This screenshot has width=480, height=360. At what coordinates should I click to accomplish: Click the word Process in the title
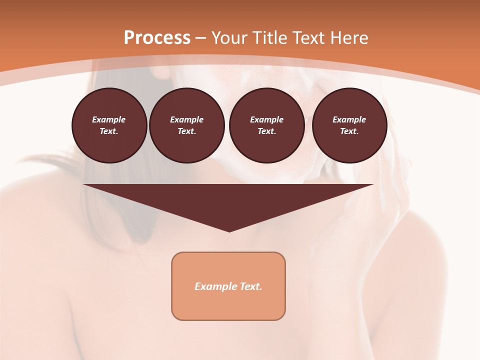tap(157, 38)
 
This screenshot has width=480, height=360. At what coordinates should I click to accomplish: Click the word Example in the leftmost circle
tap(109, 119)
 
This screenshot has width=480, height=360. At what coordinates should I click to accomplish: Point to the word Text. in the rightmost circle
tap(349, 131)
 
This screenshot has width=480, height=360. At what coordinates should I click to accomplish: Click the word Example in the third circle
tap(266, 119)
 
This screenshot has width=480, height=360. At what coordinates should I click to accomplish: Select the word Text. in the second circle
tap(186, 131)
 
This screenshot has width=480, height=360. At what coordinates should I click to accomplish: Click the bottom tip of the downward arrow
tap(229, 230)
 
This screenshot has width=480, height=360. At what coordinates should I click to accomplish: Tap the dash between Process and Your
tap(200, 38)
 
